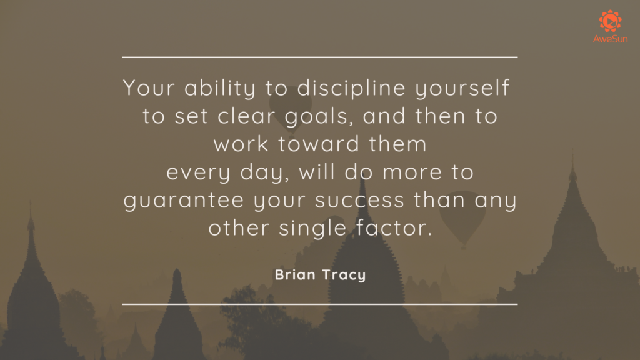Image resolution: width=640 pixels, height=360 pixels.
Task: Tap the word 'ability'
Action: click(x=220, y=88)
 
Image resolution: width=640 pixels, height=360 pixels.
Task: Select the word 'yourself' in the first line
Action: click(x=462, y=88)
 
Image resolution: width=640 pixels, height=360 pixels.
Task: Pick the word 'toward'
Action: click(x=319, y=144)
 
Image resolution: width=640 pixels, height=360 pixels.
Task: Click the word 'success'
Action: click(x=359, y=201)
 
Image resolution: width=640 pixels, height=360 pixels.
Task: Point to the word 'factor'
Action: click(x=394, y=227)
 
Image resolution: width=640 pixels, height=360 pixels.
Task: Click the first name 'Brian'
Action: click(x=295, y=275)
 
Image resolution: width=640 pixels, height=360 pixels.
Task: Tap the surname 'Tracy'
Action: click(x=344, y=276)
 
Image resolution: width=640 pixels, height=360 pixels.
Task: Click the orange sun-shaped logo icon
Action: click(x=610, y=21)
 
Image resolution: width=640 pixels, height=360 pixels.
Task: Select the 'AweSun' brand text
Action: click(x=610, y=39)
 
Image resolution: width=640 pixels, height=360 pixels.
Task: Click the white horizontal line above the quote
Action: click(x=319, y=57)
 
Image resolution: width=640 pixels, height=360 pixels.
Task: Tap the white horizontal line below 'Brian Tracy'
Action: click(x=319, y=304)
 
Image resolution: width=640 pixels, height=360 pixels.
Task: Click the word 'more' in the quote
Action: click(x=412, y=172)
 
